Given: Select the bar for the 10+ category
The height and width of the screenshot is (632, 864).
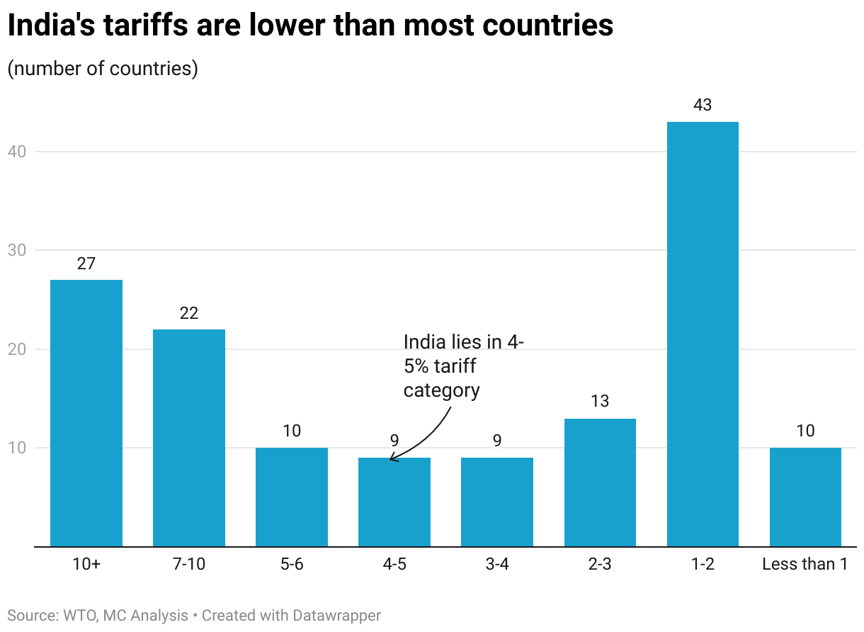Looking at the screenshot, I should (x=86, y=413).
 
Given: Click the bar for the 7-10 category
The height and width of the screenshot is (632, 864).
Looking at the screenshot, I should (x=189, y=438).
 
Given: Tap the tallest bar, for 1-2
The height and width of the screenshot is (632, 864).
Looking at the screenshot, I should (x=703, y=334).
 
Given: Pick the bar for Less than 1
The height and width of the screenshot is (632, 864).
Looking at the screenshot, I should (x=805, y=497).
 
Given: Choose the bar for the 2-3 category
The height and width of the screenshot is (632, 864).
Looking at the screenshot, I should (x=600, y=483).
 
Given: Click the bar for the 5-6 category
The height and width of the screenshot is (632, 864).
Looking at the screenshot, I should (x=292, y=497).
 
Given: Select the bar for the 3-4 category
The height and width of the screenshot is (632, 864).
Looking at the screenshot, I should (x=497, y=502).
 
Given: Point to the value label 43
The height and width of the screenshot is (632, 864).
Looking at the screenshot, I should (x=703, y=106).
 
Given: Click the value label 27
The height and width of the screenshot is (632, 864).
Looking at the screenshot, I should (x=86, y=264).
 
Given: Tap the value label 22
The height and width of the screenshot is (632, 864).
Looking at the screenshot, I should (x=189, y=313).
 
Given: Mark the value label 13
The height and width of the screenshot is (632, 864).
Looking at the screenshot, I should (x=600, y=402).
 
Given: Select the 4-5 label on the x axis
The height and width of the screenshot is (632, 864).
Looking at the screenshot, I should (x=394, y=565).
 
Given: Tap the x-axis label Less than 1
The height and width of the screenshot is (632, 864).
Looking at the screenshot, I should (x=805, y=565).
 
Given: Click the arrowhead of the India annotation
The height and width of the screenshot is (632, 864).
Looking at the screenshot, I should (x=392, y=460).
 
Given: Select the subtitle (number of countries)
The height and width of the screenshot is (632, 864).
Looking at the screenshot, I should (x=103, y=69).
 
